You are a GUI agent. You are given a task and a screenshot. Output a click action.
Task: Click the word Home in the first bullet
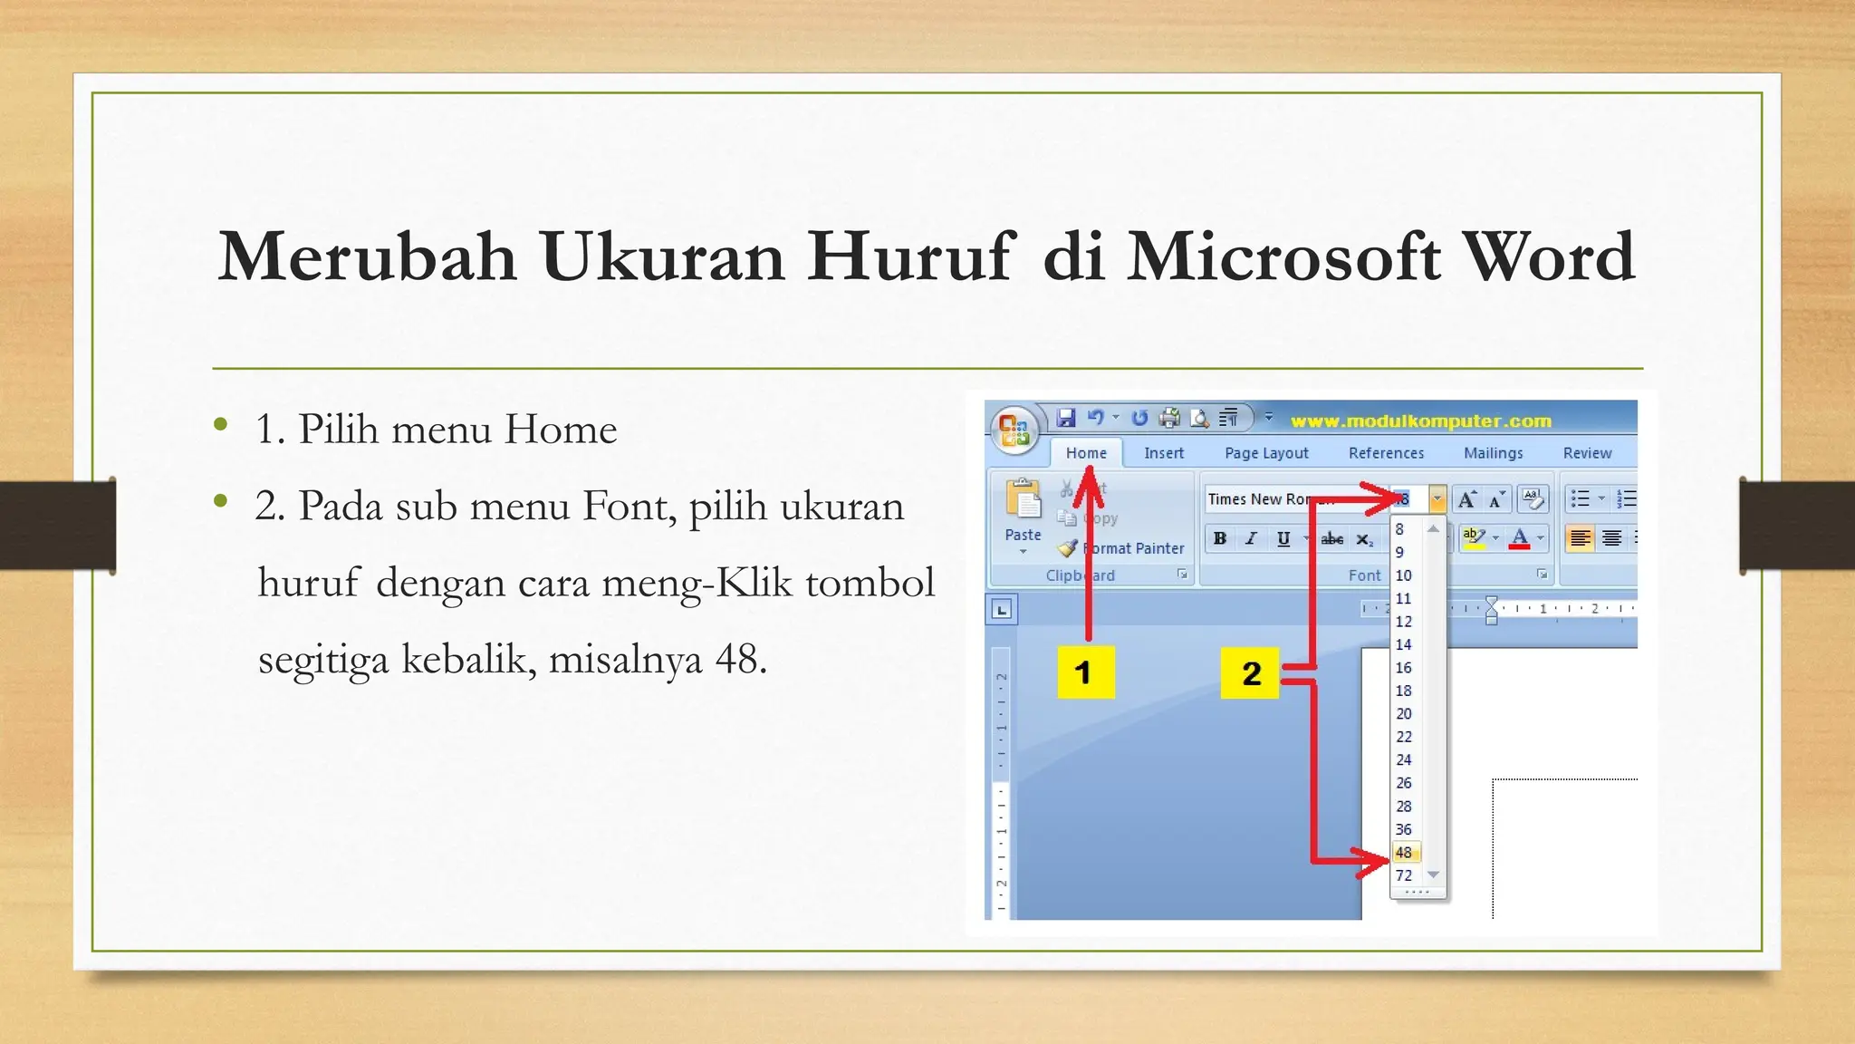[560, 430]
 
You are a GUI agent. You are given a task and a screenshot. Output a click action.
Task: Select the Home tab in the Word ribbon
[1085, 453]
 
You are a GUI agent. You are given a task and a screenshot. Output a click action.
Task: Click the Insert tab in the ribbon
[1163, 453]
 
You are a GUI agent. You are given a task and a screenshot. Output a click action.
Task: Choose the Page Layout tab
[1265, 453]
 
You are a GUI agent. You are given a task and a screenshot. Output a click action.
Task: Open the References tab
[1385, 453]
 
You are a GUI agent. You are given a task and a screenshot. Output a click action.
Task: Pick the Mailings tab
[1493, 453]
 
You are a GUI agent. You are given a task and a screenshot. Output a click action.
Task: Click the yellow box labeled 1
[1084, 672]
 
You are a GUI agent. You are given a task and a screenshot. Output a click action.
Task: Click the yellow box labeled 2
[1250, 672]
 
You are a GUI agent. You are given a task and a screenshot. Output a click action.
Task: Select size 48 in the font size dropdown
[1403, 853]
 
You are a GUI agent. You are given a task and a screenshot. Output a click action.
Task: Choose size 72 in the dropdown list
[1403, 875]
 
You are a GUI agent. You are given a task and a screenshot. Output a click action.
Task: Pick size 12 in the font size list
[1403, 622]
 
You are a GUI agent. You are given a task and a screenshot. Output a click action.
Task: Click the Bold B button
[1220, 538]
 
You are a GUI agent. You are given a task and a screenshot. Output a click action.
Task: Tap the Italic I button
[1251, 538]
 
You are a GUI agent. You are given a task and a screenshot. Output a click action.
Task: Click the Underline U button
[1283, 538]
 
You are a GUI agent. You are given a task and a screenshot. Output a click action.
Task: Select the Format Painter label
[1132, 548]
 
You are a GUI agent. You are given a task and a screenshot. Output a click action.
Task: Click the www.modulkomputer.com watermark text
[1420, 420]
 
